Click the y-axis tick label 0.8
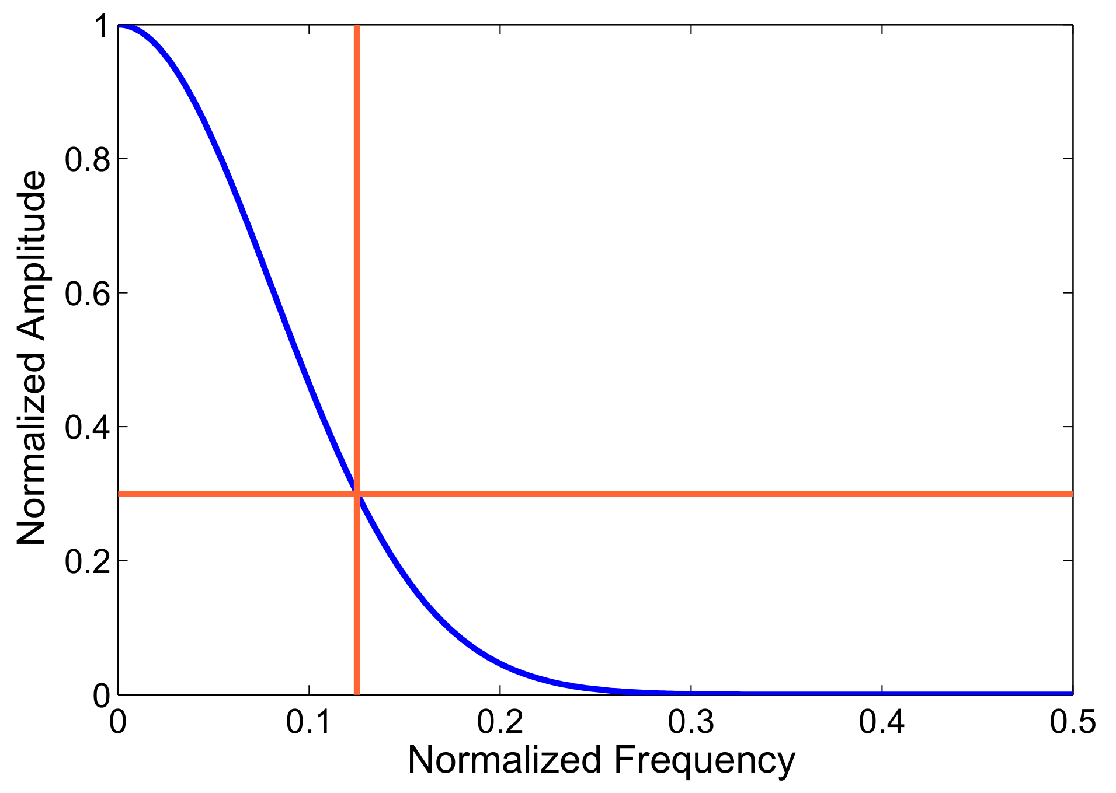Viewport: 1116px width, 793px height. [x=87, y=159]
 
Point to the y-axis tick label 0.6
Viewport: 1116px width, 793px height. [x=87, y=294]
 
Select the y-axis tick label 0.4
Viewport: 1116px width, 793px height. [x=87, y=428]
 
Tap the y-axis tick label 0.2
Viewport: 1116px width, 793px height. [x=87, y=562]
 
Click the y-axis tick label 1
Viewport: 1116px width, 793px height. [x=102, y=27]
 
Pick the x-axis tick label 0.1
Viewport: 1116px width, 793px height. [x=309, y=722]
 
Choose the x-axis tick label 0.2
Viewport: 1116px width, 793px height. [x=500, y=722]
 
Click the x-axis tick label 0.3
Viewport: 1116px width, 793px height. [x=691, y=722]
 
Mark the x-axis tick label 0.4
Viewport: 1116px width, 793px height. [x=882, y=722]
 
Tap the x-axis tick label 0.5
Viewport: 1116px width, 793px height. [x=1072, y=722]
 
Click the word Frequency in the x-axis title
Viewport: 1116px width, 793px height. [x=704, y=761]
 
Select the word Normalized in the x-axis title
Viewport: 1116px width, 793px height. [x=505, y=760]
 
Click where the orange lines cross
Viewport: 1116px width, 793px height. [x=357, y=494]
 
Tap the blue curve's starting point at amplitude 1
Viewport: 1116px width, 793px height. [x=119, y=26]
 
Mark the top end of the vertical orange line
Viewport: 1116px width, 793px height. [x=357, y=26]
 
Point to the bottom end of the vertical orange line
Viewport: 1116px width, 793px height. [x=357, y=693]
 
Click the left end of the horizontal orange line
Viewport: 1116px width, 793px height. [x=120, y=494]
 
